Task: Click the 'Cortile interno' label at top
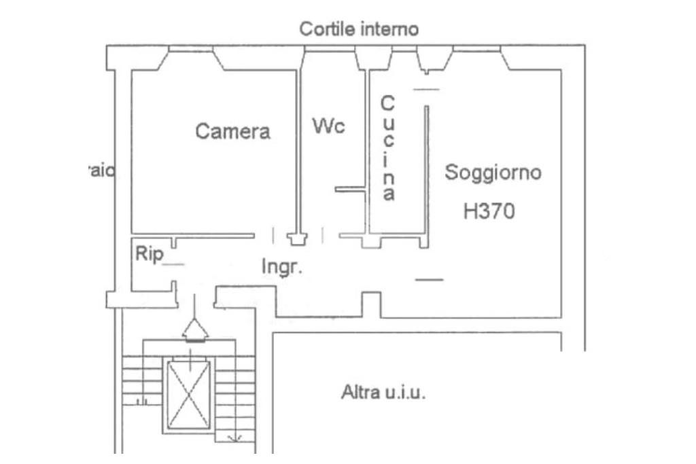click(360, 29)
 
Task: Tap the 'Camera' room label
click(232, 131)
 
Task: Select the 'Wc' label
click(329, 126)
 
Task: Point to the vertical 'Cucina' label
click(387, 148)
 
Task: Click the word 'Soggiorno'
click(493, 173)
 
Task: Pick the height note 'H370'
click(489, 211)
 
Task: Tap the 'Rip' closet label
click(149, 254)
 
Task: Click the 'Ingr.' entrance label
click(281, 267)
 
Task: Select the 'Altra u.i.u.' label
click(383, 393)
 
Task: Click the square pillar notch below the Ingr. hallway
click(370, 304)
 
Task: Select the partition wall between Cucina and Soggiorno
click(427, 170)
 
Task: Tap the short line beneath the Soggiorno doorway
click(429, 279)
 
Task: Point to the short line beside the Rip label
click(175, 264)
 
